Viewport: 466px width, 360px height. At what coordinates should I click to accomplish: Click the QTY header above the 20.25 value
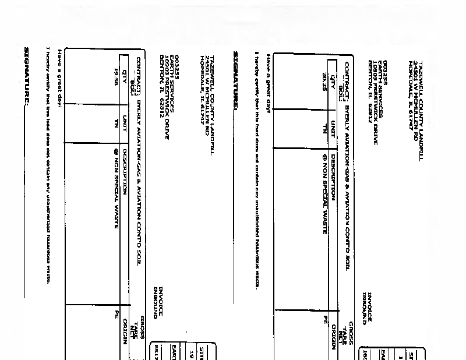[333, 79]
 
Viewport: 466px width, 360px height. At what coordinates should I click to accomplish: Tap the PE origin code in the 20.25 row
[326, 319]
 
